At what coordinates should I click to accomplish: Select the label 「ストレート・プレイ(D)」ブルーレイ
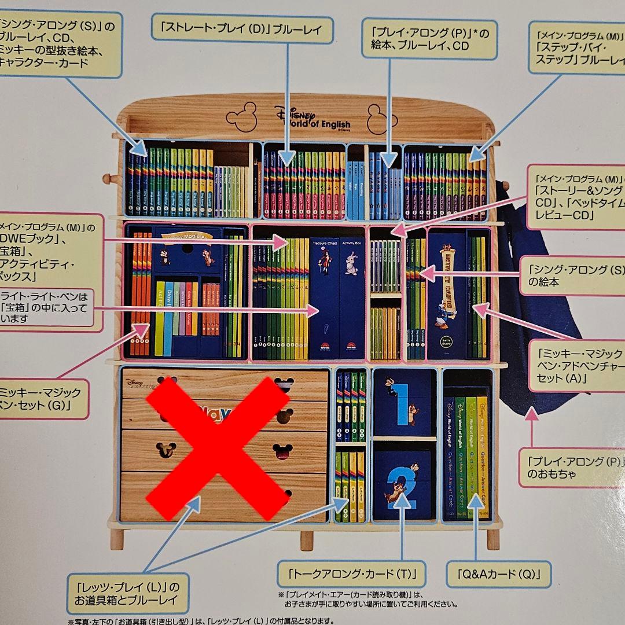[241, 28]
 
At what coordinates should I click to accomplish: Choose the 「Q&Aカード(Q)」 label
[498, 574]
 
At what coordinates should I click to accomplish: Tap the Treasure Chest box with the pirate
[324, 298]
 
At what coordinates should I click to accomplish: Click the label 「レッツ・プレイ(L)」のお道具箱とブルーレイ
[128, 591]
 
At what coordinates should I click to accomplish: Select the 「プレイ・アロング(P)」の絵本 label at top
[429, 39]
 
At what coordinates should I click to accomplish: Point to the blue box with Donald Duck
[446, 295]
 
